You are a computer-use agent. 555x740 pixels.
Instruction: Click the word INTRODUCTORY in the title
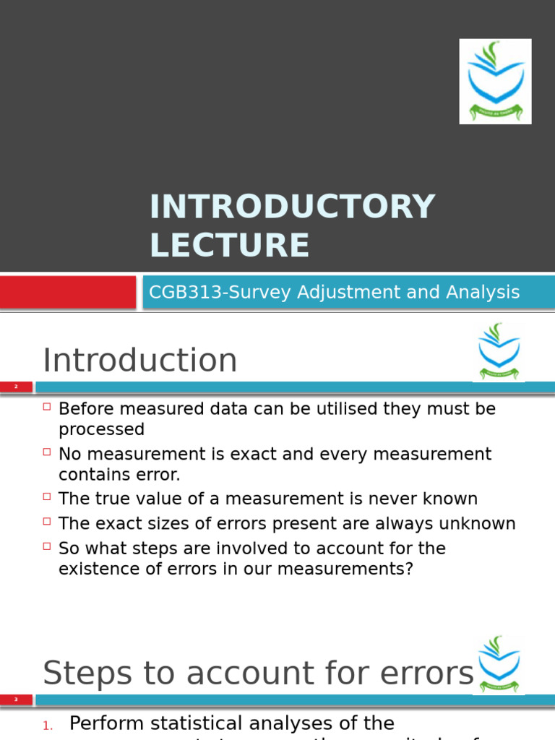coord(292,207)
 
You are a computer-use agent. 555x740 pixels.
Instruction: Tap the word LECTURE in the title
coord(229,245)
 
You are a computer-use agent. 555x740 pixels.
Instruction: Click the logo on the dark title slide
coord(495,81)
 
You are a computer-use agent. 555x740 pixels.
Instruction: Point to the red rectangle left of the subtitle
coord(68,293)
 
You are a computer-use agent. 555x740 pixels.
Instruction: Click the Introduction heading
coord(139,361)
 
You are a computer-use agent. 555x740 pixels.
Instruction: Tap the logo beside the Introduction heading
coord(498,352)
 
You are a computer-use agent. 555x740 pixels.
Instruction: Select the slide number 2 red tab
coord(16,387)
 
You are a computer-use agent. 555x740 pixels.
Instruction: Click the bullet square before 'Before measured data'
coord(47,408)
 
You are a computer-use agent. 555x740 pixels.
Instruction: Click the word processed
coord(101,429)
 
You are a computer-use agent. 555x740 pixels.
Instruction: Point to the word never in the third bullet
coord(394,499)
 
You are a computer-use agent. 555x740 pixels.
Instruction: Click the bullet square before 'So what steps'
coord(47,547)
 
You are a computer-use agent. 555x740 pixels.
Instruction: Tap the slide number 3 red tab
coord(16,700)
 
